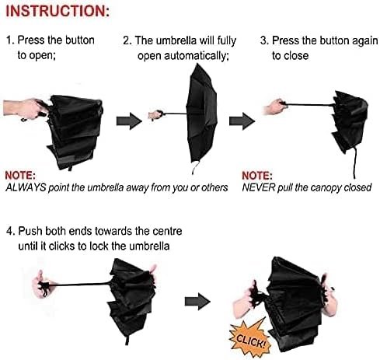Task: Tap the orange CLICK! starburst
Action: [249, 337]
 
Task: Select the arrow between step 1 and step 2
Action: [129, 121]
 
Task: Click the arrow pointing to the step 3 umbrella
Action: [242, 121]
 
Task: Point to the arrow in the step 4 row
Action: [197, 301]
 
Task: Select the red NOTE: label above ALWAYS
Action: [20, 176]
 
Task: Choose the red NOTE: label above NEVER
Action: [257, 176]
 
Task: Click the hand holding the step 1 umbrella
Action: [25, 109]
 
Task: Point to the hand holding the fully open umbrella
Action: [155, 115]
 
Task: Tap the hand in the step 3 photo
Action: [275, 107]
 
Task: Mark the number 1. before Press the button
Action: [10, 40]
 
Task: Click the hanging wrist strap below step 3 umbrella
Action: [355, 163]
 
